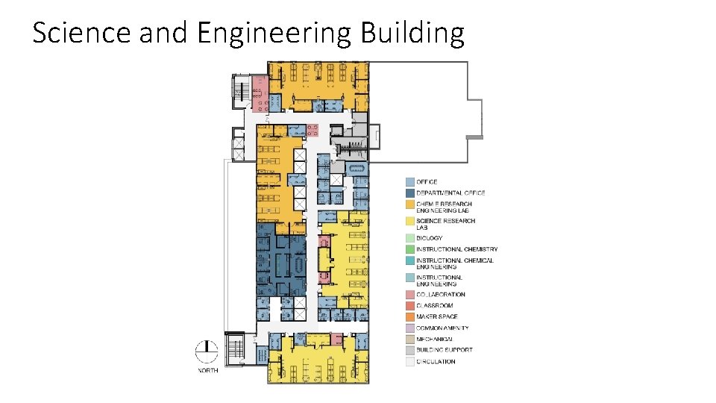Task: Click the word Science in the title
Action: click(82, 32)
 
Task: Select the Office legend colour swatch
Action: click(410, 182)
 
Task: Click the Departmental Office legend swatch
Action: click(410, 193)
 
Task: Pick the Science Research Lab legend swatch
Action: click(410, 221)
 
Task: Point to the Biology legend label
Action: click(430, 238)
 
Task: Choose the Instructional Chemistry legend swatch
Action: click(410, 249)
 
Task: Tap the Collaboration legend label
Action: click(441, 295)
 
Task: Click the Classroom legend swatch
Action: click(410, 306)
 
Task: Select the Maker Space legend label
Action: click(437, 316)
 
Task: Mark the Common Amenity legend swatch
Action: click(410, 328)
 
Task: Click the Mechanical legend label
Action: click(434, 340)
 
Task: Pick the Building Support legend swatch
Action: click(410, 351)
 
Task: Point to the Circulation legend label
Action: click(436, 362)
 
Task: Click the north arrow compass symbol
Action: click(207, 352)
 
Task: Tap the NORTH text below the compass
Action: click(208, 371)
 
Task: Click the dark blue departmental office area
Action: click(281, 260)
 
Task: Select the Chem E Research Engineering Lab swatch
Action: click(410, 204)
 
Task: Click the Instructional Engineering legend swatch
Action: click(410, 278)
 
